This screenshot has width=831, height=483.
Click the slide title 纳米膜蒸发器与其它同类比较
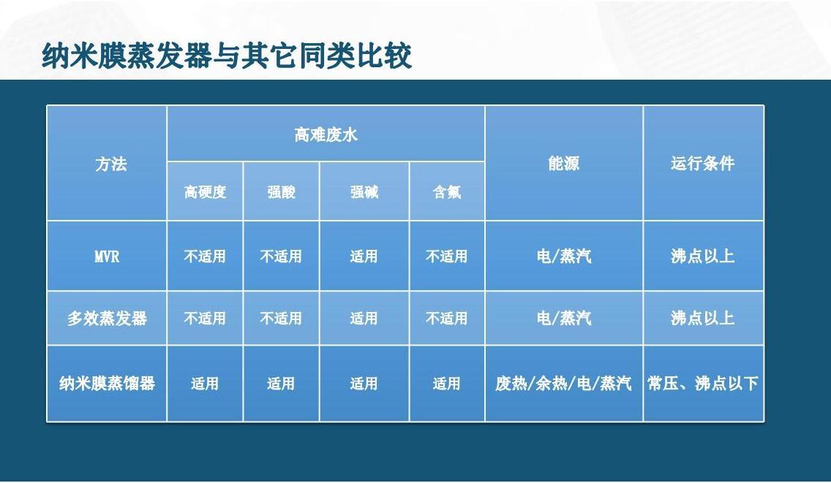[x=227, y=56]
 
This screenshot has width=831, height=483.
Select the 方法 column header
[x=111, y=164]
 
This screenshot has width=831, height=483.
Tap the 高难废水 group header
[x=326, y=134]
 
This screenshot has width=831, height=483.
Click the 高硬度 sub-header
[x=205, y=191]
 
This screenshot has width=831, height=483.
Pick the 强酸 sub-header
[x=282, y=191]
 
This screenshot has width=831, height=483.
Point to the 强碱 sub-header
[x=364, y=191]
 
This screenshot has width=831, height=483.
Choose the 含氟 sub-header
[x=447, y=191]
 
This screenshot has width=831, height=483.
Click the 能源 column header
[x=564, y=163]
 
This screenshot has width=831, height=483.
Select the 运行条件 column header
[x=703, y=163]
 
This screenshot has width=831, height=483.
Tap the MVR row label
[x=107, y=257]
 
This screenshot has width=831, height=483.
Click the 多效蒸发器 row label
[x=107, y=319]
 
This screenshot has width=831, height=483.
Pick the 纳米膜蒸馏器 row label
[x=107, y=383]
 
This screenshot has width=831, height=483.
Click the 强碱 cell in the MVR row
[x=364, y=256]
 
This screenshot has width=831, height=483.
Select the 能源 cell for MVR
[x=564, y=256]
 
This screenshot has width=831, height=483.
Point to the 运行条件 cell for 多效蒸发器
[x=703, y=318]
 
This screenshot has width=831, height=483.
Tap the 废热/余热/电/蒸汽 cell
[x=563, y=383]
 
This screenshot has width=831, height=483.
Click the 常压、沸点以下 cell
[x=703, y=383]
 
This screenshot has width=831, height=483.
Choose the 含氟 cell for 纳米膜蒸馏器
[x=446, y=384]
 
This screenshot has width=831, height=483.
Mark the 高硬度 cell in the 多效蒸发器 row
[x=205, y=319]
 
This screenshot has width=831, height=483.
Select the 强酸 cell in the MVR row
[x=281, y=256]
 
